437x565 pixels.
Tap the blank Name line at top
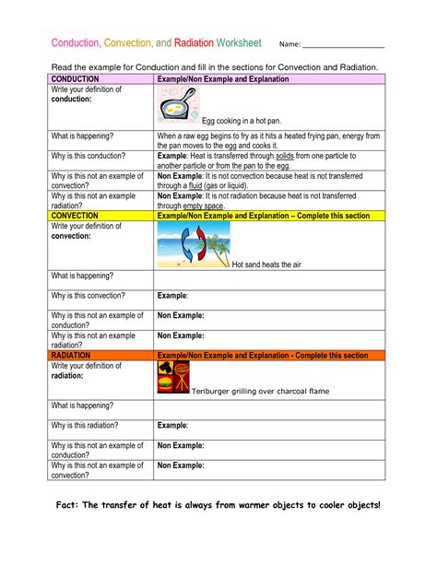pos(343,45)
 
